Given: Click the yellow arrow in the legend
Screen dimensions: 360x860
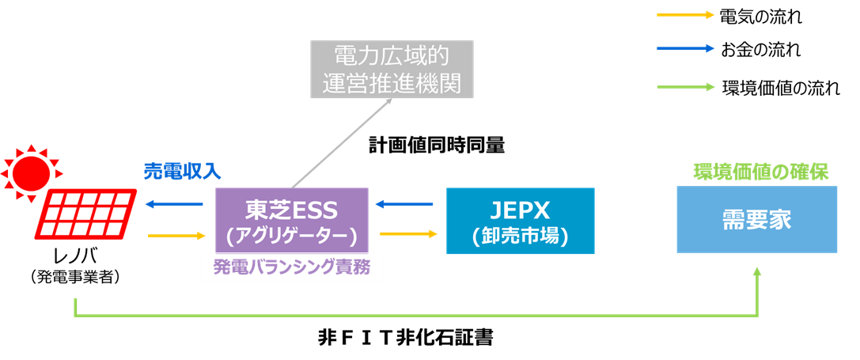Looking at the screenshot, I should [x=685, y=14].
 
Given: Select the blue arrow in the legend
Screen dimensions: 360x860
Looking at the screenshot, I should [x=685, y=48].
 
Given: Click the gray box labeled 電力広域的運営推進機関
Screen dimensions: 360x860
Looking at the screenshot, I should [x=392, y=70].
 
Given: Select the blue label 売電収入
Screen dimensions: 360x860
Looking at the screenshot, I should [x=183, y=171].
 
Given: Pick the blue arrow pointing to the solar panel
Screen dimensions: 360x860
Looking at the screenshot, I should [x=174, y=205].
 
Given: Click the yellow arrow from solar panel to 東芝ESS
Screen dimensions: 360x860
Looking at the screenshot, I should [x=176, y=235].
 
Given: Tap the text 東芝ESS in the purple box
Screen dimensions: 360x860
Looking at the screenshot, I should [x=291, y=210].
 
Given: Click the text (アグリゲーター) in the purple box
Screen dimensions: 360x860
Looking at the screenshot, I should [x=291, y=235].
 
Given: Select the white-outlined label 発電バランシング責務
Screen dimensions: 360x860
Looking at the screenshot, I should [x=292, y=267].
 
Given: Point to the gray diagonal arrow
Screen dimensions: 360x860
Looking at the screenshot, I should [x=342, y=142].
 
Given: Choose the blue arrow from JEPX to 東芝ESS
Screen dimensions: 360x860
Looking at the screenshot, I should [x=404, y=205].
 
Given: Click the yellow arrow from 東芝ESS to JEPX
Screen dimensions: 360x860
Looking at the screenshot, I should [x=408, y=234].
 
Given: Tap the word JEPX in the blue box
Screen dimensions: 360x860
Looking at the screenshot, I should [x=520, y=210].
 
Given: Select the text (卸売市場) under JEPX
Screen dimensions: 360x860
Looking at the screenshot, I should [x=520, y=236].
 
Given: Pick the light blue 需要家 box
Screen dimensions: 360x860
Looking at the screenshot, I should [x=756, y=220].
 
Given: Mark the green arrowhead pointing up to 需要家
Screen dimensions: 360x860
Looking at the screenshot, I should [x=757, y=272].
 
